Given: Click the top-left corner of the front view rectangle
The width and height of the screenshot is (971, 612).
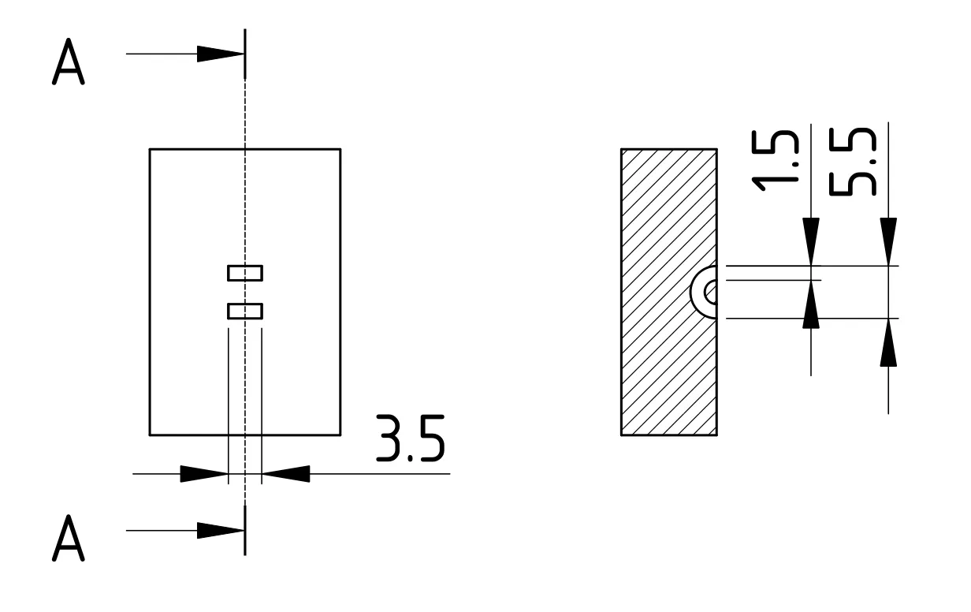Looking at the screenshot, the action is click(150, 149).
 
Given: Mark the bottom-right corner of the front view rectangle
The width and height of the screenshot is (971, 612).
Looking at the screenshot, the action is click(340, 435).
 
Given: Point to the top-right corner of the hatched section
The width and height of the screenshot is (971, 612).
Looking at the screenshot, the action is click(716, 149).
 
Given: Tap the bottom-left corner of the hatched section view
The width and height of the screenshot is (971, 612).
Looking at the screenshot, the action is click(621, 435).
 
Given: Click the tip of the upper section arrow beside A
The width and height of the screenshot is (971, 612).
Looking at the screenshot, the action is click(244, 54).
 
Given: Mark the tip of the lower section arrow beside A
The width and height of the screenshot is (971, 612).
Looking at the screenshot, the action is click(244, 530).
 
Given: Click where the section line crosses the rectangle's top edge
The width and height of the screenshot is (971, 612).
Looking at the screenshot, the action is click(245, 149).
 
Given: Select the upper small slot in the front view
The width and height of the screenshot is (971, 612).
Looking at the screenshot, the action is click(245, 273).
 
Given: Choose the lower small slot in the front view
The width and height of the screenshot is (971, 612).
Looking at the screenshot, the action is click(245, 311).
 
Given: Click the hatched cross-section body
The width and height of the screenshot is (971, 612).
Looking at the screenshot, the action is click(669, 292).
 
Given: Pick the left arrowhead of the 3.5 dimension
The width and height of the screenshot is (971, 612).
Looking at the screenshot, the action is click(204, 474).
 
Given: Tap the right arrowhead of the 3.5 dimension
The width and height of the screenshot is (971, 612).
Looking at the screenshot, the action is click(285, 474).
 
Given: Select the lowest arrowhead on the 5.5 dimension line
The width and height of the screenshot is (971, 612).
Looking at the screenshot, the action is click(888, 342).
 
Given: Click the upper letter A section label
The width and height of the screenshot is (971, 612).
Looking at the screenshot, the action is click(68, 62).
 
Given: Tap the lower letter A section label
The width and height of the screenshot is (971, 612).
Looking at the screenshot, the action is click(68, 538).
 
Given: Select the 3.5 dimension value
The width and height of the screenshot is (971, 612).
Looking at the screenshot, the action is click(410, 438).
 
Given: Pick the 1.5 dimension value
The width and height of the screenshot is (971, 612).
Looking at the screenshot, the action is click(775, 161).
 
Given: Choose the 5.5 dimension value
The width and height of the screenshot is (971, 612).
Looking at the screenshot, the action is click(852, 162).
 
